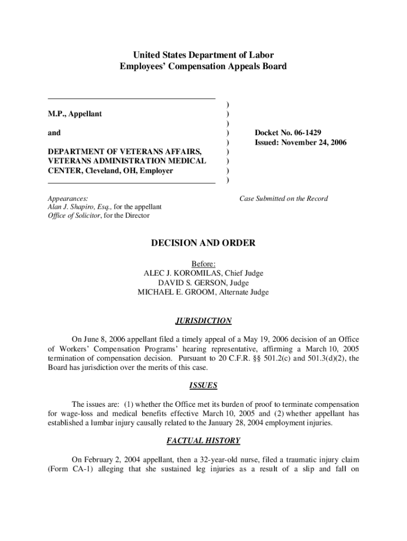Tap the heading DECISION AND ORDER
click(x=203, y=243)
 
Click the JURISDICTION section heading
click(x=203, y=321)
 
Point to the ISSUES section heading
click(x=203, y=386)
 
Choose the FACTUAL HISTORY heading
click(x=203, y=441)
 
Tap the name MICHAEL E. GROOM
click(x=178, y=292)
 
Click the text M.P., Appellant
click(x=75, y=114)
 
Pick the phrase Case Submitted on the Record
click(x=283, y=199)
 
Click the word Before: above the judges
click(x=203, y=264)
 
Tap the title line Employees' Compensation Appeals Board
click(x=203, y=67)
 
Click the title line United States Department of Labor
click(x=203, y=55)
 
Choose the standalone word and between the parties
click(x=54, y=133)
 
